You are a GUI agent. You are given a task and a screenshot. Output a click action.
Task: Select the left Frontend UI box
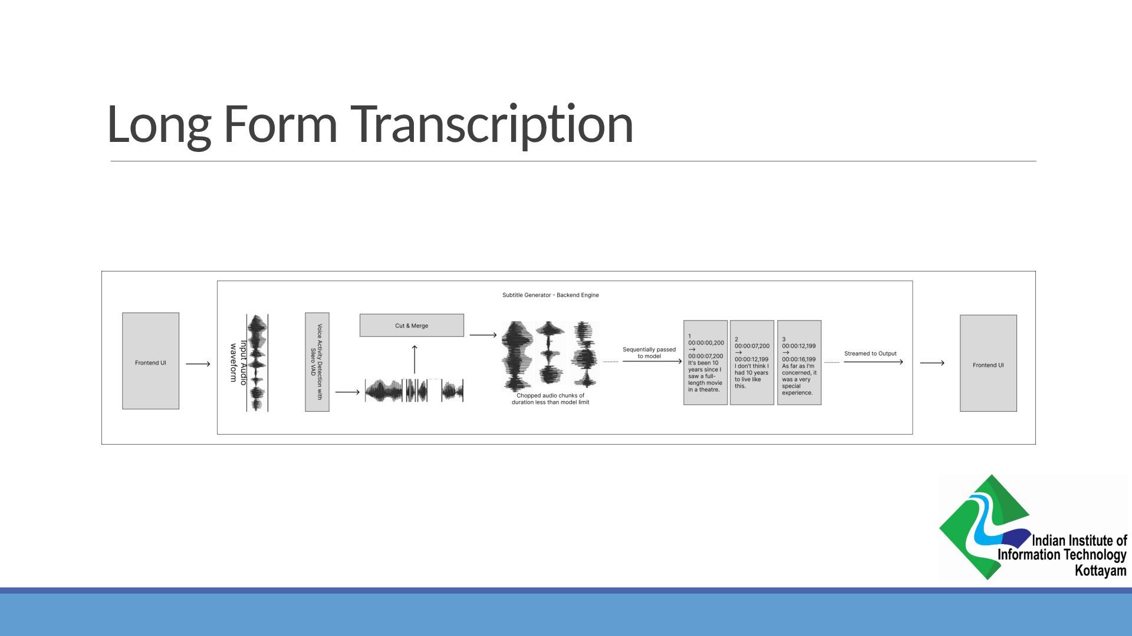(x=150, y=361)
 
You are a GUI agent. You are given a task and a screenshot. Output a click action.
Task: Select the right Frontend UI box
(x=988, y=363)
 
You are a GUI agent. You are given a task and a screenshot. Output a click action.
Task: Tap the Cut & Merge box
(x=412, y=325)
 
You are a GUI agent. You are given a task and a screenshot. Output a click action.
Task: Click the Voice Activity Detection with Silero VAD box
(x=317, y=362)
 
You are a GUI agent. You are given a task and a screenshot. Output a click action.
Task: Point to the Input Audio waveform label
(x=238, y=362)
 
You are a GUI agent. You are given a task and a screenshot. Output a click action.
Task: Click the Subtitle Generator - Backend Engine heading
(x=550, y=295)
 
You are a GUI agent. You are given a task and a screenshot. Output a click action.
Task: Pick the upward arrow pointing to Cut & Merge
(x=414, y=359)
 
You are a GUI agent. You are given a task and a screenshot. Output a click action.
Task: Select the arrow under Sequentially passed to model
(x=651, y=361)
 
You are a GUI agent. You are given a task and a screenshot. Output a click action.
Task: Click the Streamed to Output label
(x=870, y=353)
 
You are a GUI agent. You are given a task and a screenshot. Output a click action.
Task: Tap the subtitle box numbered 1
(x=705, y=363)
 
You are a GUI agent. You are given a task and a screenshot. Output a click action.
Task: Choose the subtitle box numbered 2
(x=752, y=363)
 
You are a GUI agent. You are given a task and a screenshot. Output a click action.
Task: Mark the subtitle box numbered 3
(x=799, y=363)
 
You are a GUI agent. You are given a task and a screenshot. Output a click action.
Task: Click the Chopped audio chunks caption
(x=550, y=399)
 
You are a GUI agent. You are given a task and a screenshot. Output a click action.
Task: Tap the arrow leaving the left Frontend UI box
(x=198, y=364)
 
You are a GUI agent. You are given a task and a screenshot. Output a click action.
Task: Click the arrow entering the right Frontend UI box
(x=932, y=363)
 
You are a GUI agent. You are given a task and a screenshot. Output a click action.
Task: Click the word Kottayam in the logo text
(x=1100, y=570)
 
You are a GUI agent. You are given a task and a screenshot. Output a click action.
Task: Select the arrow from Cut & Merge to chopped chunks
(x=483, y=335)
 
